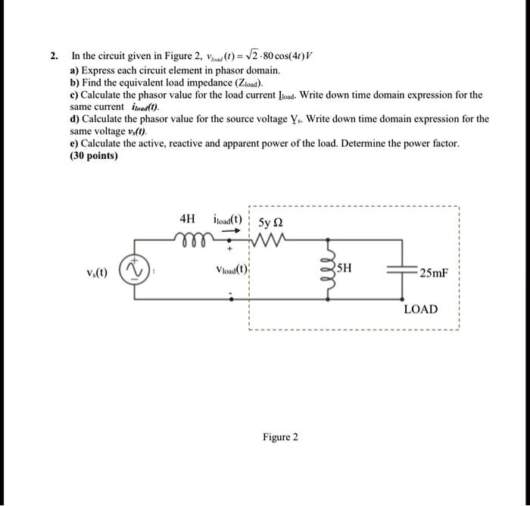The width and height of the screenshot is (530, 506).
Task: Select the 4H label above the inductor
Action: point(188,219)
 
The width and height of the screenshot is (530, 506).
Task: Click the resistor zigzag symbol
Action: point(269,242)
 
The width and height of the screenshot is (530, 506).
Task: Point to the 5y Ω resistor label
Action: point(270,223)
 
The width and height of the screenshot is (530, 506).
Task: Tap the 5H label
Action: point(344,267)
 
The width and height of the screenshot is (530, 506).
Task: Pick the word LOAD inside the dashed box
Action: point(420,309)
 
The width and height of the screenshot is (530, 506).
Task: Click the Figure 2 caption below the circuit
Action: point(280,437)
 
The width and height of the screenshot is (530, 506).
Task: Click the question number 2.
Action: point(54,56)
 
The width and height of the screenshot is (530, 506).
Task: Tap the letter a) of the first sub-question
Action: point(75,69)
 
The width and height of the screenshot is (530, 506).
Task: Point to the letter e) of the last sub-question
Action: point(75,143)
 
